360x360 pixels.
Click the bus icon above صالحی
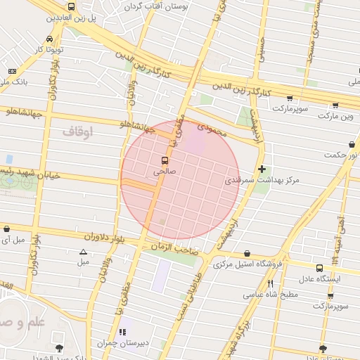tap(165, 160)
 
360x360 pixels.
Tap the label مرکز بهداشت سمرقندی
tap(262, 181)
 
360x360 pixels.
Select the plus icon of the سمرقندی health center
tap(262, 169)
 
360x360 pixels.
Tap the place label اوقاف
tap(77, 131)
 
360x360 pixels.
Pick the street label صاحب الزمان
tap(170, 247)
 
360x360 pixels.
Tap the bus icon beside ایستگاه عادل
tap(321, 267)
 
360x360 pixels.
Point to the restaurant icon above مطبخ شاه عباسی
tap(271, 283)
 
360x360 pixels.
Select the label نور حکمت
tap(342, 154)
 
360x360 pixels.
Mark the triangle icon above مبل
tap(84, 251)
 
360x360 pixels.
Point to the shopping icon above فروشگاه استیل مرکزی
tap(247, 253)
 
